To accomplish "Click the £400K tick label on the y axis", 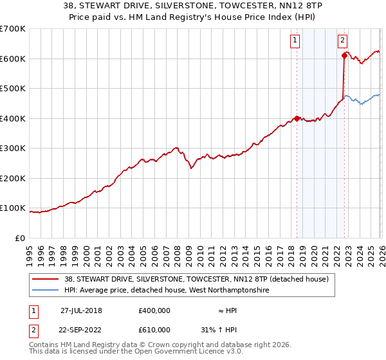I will point(13,118).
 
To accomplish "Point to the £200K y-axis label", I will point(13,178).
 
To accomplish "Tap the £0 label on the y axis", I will point(19,239).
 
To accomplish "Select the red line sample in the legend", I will point(46,279).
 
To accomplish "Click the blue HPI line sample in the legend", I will point(46,291).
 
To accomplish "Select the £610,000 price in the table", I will point(154,329).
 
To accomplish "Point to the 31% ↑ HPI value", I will point(226,329).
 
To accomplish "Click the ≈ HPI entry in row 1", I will point(226,310).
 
